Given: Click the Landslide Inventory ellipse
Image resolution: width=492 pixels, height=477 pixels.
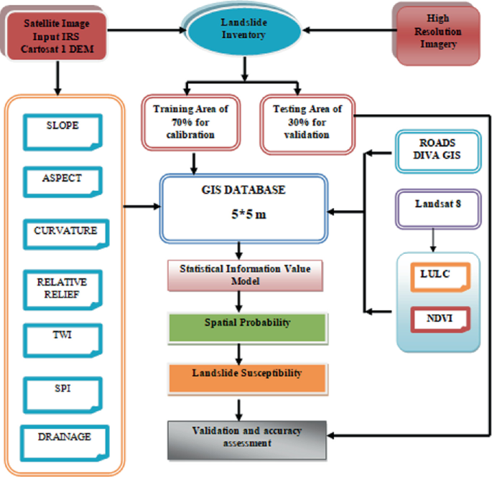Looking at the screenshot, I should [x=244, y=30].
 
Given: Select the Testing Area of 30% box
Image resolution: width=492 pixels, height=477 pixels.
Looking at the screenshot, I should [x=307, y=123].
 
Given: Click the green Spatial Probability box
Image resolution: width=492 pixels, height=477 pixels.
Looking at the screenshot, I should [x=245, y=324].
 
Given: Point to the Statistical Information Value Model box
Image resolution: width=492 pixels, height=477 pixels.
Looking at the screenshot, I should [x=245, y=275].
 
